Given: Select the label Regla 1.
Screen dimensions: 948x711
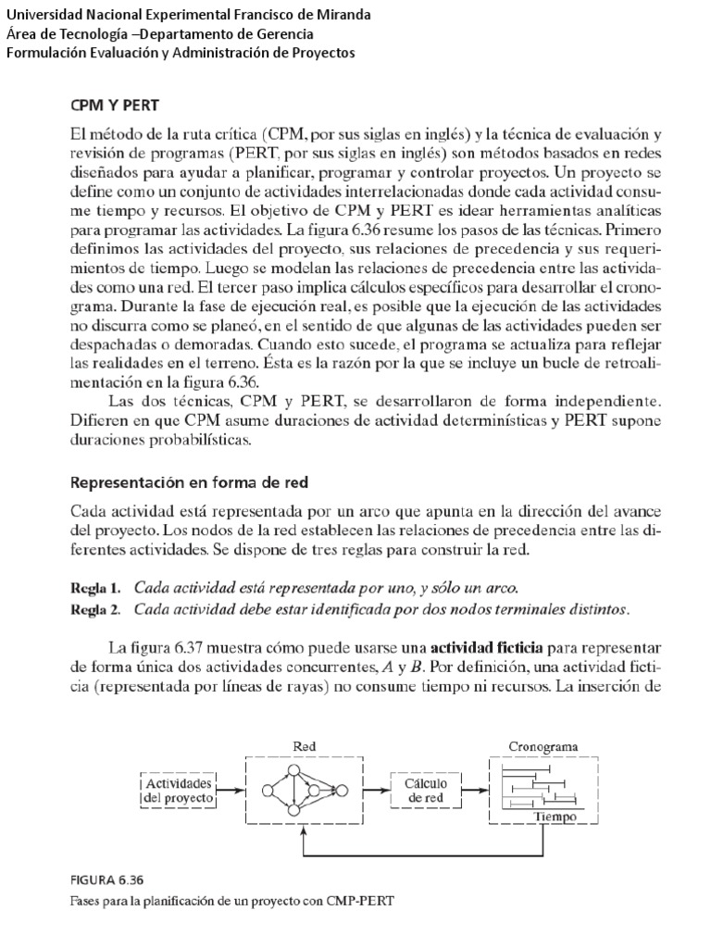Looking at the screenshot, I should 95,588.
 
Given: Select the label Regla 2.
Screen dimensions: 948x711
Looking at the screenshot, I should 95,609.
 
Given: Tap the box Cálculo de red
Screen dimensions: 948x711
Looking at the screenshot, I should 426,790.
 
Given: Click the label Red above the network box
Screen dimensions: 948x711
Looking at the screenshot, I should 305,745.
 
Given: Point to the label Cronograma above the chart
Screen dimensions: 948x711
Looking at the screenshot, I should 544,745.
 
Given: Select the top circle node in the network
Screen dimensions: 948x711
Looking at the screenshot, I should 293,770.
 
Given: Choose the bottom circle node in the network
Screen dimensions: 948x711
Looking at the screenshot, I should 293,811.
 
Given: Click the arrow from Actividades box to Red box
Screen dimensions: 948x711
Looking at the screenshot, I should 232,791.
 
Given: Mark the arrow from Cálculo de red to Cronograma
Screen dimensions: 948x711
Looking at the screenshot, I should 473,791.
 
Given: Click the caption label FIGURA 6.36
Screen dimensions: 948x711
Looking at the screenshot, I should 106,880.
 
